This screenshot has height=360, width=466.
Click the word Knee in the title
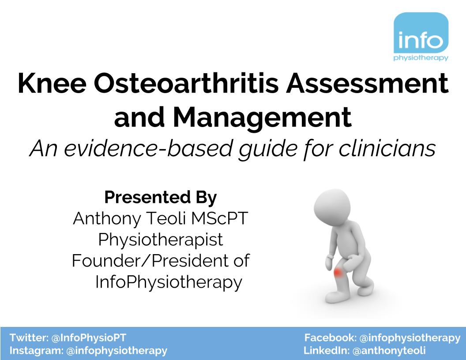point(52,83)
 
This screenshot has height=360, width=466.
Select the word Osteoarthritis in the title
point(186,83)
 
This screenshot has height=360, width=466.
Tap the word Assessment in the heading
point(367,83)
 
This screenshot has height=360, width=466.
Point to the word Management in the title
point(263,117)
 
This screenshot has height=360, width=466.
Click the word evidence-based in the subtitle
point(148,148)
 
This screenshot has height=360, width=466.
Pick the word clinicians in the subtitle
point(387,148)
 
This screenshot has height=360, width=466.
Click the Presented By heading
point(161,197)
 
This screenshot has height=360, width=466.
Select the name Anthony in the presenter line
point(107,219)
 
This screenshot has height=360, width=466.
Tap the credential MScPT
point(219,218)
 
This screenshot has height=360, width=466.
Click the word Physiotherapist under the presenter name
point(161,240)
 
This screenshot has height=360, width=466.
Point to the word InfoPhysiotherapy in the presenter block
point(169,282)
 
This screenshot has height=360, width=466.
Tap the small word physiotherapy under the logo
point(421,58)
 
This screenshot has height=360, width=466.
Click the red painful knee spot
point(338,272)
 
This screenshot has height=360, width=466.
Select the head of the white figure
point(332,206)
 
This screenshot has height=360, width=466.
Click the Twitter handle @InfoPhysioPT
point(89,338)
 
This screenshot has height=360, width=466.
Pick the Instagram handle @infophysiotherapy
point(117,351)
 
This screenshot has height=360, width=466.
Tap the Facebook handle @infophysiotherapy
point(410,338)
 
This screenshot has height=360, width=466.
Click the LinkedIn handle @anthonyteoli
point(389,351)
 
